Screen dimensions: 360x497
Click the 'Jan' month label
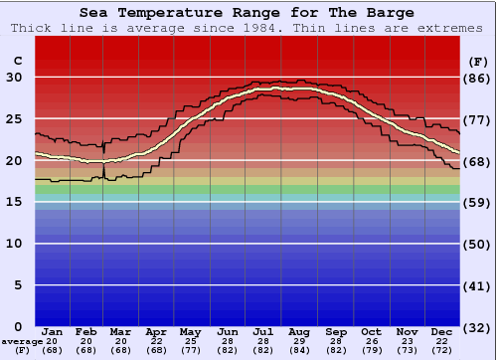point(53,332)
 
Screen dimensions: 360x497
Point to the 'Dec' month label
point(442,332)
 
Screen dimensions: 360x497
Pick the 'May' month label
point(190,332)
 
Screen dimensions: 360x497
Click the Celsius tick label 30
point(14,78)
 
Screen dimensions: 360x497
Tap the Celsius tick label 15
point(14,202)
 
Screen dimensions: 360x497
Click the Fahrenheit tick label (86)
point(477,78)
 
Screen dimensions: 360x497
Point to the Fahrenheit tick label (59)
point(477,202)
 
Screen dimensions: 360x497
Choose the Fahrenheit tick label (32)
point(477,326)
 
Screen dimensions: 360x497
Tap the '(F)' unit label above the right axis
point(477,62)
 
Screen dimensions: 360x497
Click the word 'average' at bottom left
point(21,341)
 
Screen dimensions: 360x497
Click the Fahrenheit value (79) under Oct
point(371,350)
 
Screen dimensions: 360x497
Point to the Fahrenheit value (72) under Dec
point(442,350)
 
